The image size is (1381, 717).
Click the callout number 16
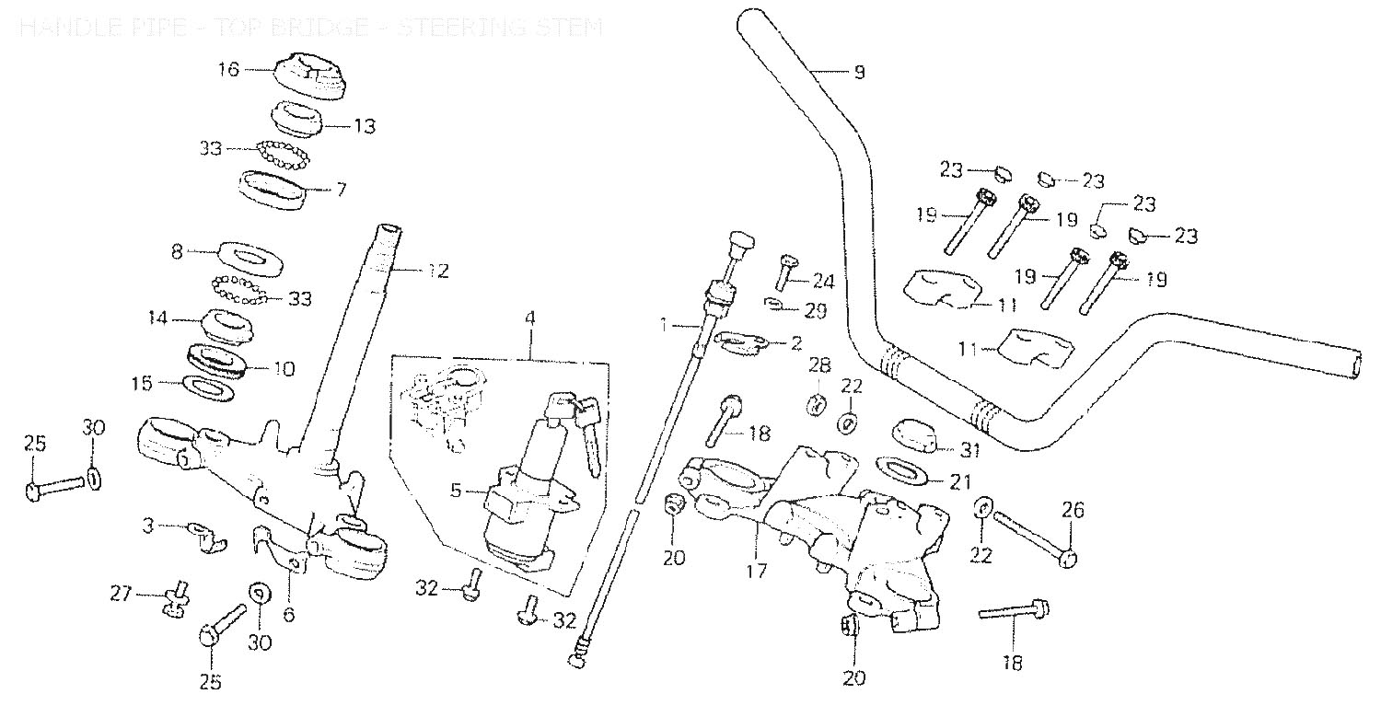click(x=228, y=69)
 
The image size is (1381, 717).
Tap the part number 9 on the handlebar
click(x=859, y=72)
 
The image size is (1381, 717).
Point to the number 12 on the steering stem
click(x=437, y=272)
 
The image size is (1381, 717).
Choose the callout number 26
click(x=1073, y=509)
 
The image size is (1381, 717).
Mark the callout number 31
click(x=968, y=449)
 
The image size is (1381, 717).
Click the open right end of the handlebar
click(x=1362, y=364)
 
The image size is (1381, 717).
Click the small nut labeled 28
click(x=816, y=403)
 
